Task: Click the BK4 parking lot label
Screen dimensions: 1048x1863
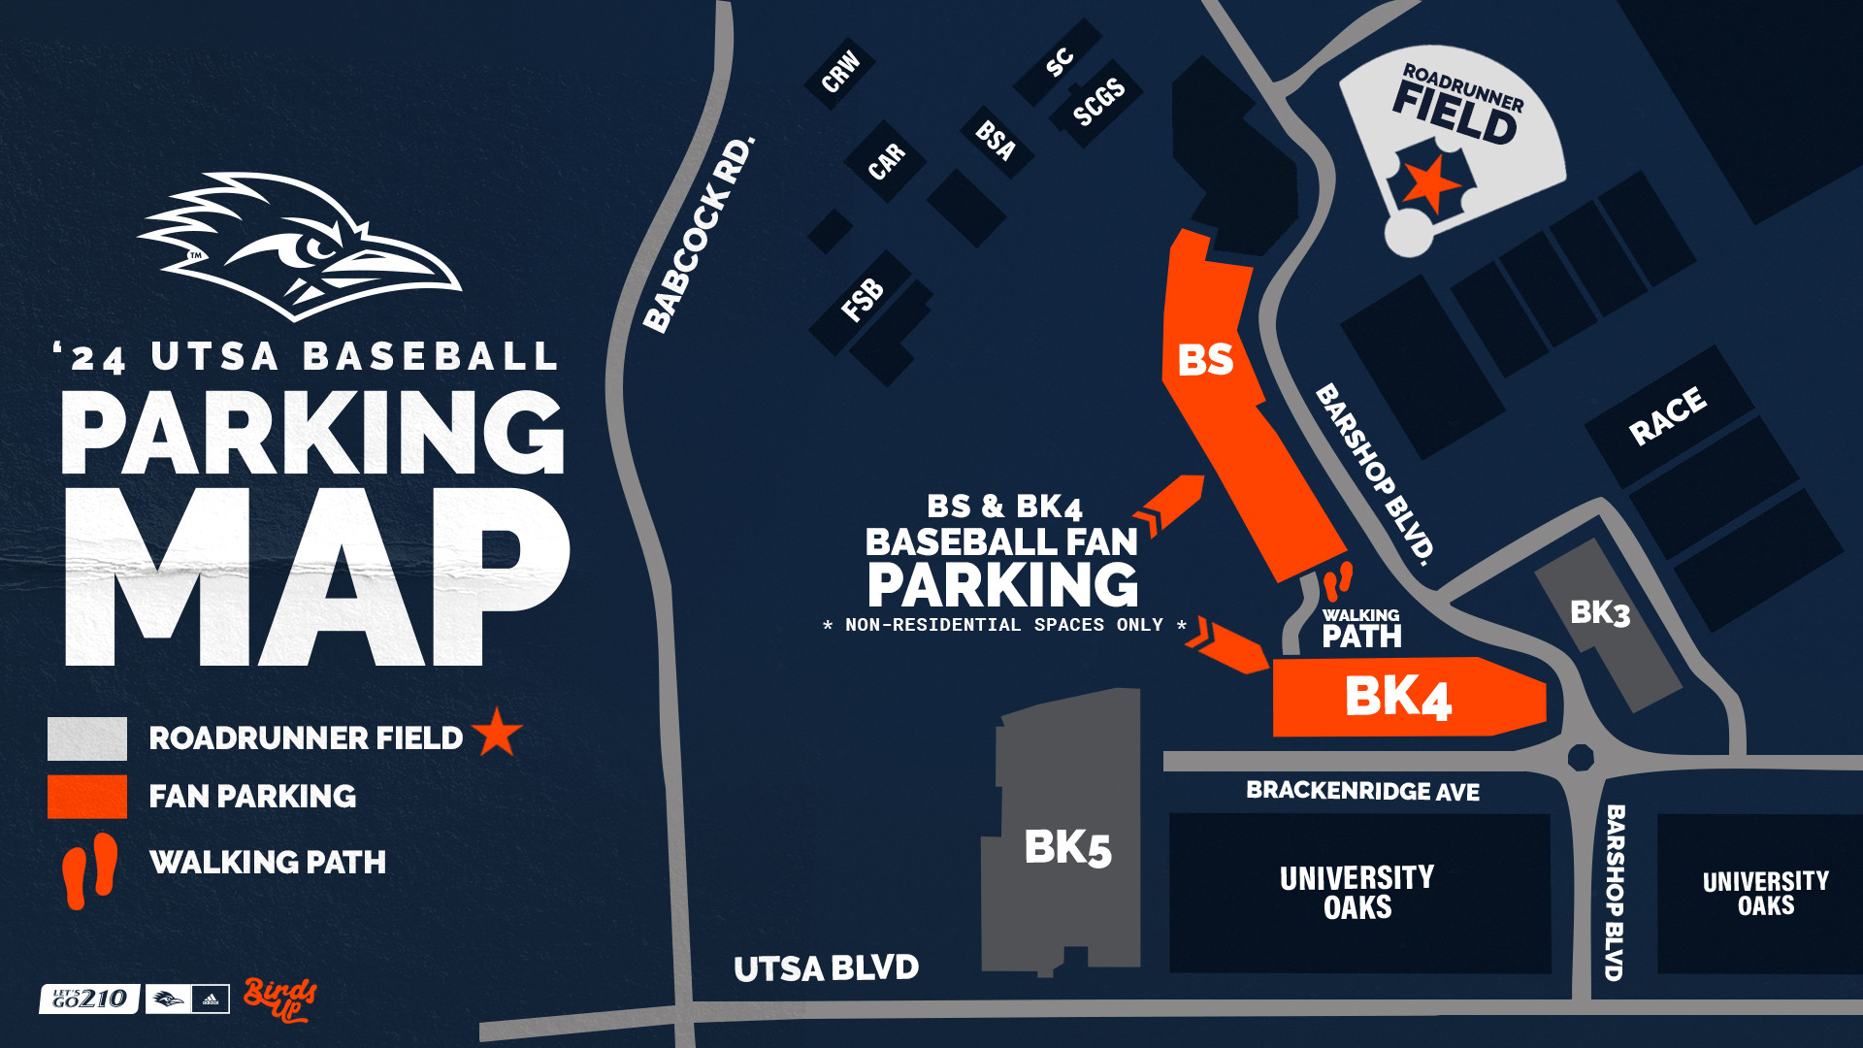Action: pyautogui.click(x=1397, y=697)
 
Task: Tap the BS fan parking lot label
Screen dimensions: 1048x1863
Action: pyautogui.click(x=1205, y=360)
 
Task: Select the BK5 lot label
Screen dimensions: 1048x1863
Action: pyautogui.click(x=1067, y=847)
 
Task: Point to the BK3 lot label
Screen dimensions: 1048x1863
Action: pyautogui.click(x=1600, y=612)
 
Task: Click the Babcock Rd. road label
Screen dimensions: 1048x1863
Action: pyautogui.click(x=699, y=235)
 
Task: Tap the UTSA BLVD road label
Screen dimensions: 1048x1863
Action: pyautogui.click(x=826, y=967)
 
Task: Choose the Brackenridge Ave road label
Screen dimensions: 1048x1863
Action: pyautogui.click(x=1362, y=791)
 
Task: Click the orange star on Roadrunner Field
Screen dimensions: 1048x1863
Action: pyautogui.click(x=1431, y=181)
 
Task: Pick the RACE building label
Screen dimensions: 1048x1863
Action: pyautogui.click(x=1667, y=415)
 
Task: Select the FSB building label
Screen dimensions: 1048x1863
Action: pyautogui.click(x=863, y=299)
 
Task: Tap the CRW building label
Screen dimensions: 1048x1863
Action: pyautogui.click(x=840, y=71)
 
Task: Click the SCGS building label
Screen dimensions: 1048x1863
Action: pyautogui.click(x=1098, y=102)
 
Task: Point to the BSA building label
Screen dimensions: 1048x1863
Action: pyautogui.click(x=996, y=141)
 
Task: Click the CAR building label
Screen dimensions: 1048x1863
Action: pyautogui.click(x=886, y=161)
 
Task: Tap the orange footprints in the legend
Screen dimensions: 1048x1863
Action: pyautogui.click(x=89, y=870)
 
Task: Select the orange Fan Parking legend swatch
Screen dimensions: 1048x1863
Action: pyautogui.click(x=87, y=797)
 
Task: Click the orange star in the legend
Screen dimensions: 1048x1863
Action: pyautogui.click(x=498, y=733)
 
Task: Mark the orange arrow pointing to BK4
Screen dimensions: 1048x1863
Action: pyautogui.click(x=1230, y=646)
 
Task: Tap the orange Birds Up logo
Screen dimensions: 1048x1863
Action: pyautogui.click(x=279, y=999)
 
